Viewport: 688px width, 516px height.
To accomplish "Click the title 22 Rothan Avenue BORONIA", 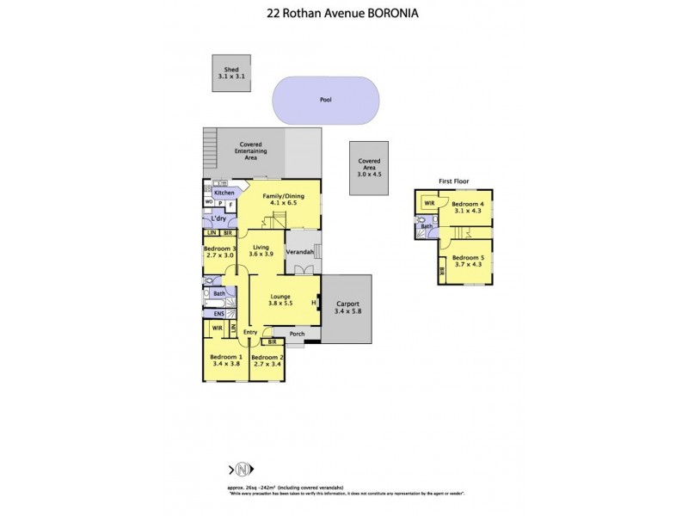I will coord(343,14).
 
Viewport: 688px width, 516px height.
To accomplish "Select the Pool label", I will coord(325,100).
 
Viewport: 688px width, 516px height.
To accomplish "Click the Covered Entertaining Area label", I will coord(251,152).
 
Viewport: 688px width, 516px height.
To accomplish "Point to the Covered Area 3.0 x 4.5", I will coord(369,168).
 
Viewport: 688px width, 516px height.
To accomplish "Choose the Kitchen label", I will coord(224,193).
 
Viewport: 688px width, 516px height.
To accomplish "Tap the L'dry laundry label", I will coord(219,219).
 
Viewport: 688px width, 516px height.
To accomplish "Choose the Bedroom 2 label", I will coord(267,359).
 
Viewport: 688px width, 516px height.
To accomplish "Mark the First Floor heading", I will coord(452,181).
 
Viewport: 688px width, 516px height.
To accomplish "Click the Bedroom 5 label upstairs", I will coord(467,261).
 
